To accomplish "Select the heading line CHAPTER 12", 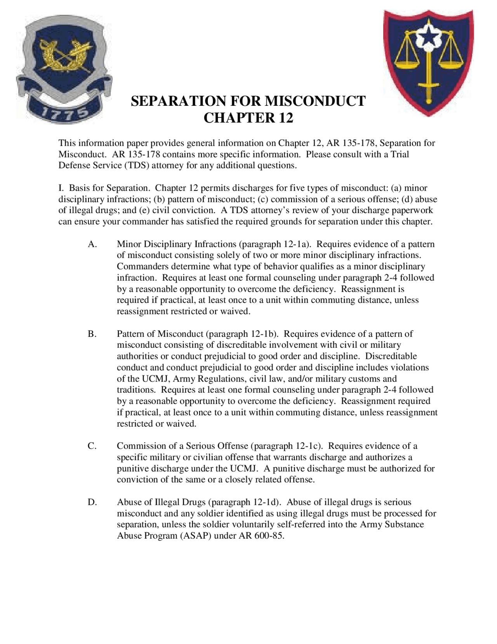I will (x=248, y=118).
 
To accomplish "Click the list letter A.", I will (x=92, y=244).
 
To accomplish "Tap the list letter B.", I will (x=92, y=334).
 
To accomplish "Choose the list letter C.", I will (x=92, y=446).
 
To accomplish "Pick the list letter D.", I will (x=92, y=502).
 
